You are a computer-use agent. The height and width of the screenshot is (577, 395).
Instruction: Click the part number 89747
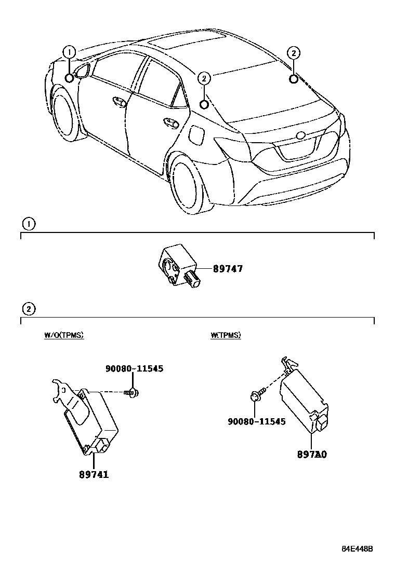(x=228, y=269)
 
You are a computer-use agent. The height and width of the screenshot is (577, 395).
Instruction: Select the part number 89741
(x=94, y=474)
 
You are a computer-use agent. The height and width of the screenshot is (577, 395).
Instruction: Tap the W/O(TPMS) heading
(x=64, y=335)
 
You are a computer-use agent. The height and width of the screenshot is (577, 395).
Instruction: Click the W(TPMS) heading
(x=226, y=335)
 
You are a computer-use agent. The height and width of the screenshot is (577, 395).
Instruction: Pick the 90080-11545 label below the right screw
(x=257, y=421)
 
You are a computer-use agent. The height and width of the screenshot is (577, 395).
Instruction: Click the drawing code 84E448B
(x=358, y=549)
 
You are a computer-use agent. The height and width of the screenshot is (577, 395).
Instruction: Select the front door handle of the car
(x=121, y=102)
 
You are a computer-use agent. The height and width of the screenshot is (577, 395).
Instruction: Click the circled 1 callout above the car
(x=69, y=52)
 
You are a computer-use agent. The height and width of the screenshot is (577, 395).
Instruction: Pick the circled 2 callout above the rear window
(x=294, y=53)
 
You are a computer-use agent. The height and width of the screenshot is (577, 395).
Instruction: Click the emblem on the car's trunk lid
(x=301, y=136)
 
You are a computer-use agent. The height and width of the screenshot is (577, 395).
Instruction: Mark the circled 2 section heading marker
(x=29, y=309)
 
